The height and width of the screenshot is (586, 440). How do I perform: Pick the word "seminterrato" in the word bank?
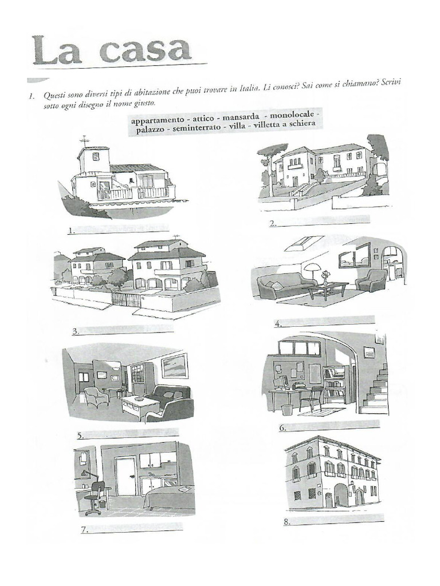(195, 129)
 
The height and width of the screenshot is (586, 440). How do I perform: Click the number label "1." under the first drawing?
(72, 231)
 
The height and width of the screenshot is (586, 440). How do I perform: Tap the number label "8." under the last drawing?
(288, 522)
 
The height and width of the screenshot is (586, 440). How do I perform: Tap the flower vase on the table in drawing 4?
(325, 277)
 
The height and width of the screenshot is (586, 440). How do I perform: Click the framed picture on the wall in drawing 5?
(174, 366)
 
